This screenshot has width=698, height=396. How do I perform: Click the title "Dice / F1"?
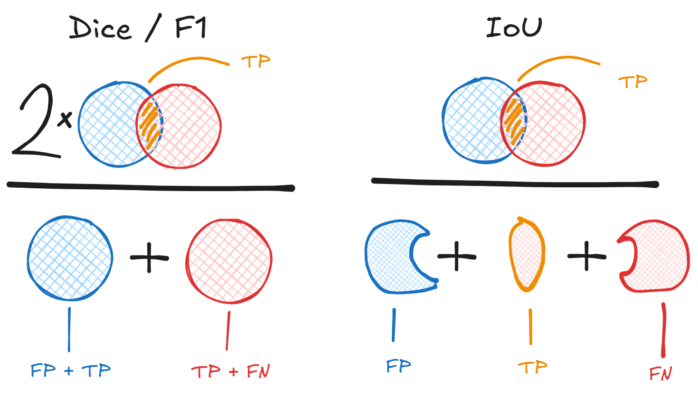[138, 28]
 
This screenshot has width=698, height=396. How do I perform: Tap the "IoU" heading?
[514, 28]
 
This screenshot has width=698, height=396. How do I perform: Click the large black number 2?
[35, 121]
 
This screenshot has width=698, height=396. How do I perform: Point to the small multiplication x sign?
[65, 120]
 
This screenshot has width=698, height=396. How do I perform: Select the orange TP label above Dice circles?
[255, 62]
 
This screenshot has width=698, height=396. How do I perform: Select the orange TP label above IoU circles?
[632, 82]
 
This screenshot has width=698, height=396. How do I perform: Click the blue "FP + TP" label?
[71, 370]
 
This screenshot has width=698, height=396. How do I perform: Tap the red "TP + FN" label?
[231, 371]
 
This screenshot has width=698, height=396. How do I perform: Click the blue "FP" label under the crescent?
[398, 366]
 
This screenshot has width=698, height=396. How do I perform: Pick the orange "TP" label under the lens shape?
[532, 367]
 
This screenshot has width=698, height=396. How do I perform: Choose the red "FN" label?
[661, 373]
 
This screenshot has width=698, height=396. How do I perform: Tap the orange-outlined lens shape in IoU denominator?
[527, 254]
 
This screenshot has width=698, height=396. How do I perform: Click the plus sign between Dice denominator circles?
[149, 258]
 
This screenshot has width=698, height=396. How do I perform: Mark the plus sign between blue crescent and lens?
[456, 256]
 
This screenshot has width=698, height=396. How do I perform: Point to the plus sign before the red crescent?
[586, 256]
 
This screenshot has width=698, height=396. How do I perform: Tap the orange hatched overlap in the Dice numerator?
[150, 124]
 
